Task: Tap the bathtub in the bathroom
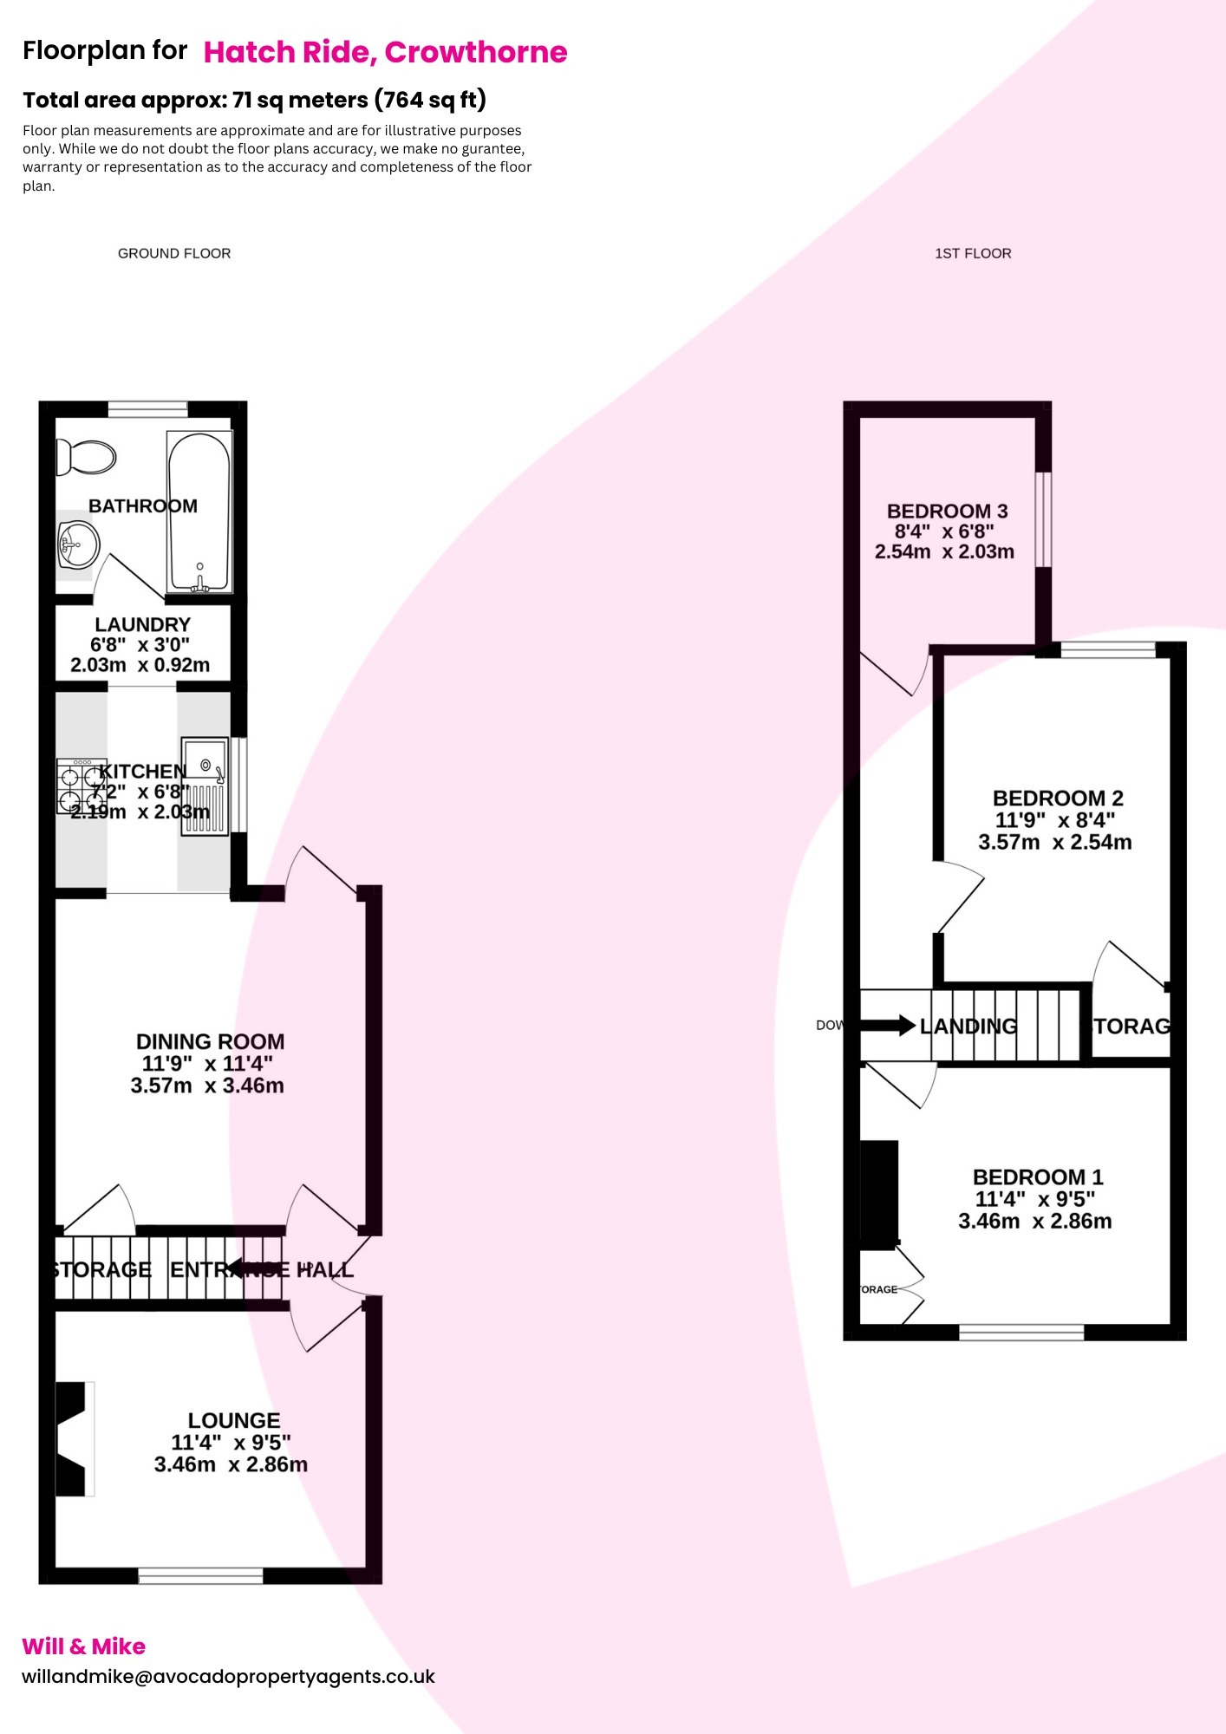click(x=199, y=512)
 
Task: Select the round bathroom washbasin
click(x=79, y=544)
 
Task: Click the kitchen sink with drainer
click(x=205, y=786)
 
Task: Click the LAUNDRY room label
click(x=142, y=624)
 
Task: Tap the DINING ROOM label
click(x=210, y=1041)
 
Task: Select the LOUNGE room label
click(x=234, y=1420)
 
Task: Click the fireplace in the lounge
click(x=73, y=1438)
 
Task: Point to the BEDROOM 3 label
click(x=947, y=511)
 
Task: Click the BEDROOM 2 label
click(x=1058, y=798)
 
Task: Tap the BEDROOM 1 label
click(x=1038, y=1177)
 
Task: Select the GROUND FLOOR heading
click(x=174, y=253)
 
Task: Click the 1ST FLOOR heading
click(x=973, y=253)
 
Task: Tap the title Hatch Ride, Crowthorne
click(x=385, y=52)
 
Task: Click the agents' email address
click(x=228, y=1676)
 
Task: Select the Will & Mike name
click(x=83, y=1646)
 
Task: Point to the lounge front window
click(x=201, y=1575)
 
